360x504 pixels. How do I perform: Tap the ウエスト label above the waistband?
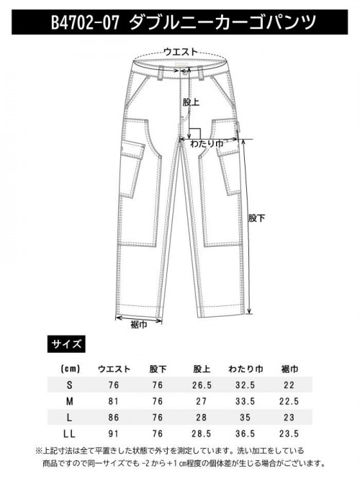[x=180, y=52]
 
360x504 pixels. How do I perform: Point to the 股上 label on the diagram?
[x=191, y=102]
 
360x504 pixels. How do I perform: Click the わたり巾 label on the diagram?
[x=207, y=144]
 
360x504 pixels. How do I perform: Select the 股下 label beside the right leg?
[x=257, y=218]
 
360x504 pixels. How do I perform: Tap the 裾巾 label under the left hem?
[x=139, y=325]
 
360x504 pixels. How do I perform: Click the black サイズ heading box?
[x=66, y=344]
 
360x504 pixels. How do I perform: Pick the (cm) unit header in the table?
[x=70, y=369]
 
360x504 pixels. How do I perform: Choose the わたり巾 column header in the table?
[x=246, y=369]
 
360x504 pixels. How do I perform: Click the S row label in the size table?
[x=69, y=385]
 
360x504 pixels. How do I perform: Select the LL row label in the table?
[x=69, y=434]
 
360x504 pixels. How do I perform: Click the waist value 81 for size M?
[x=114, y=402]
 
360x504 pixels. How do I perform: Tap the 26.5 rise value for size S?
[x=202, y=385]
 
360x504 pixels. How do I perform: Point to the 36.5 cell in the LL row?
[x=246, y=434]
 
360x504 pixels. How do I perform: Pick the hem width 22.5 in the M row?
[x=289, y=402]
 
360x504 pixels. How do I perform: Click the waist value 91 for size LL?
[x=114, y=434]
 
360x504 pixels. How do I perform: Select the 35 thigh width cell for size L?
[x=246, y=418]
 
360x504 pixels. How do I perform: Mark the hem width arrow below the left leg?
[x=138, y=319]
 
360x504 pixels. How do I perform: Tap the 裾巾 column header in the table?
[x=289, y=369]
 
